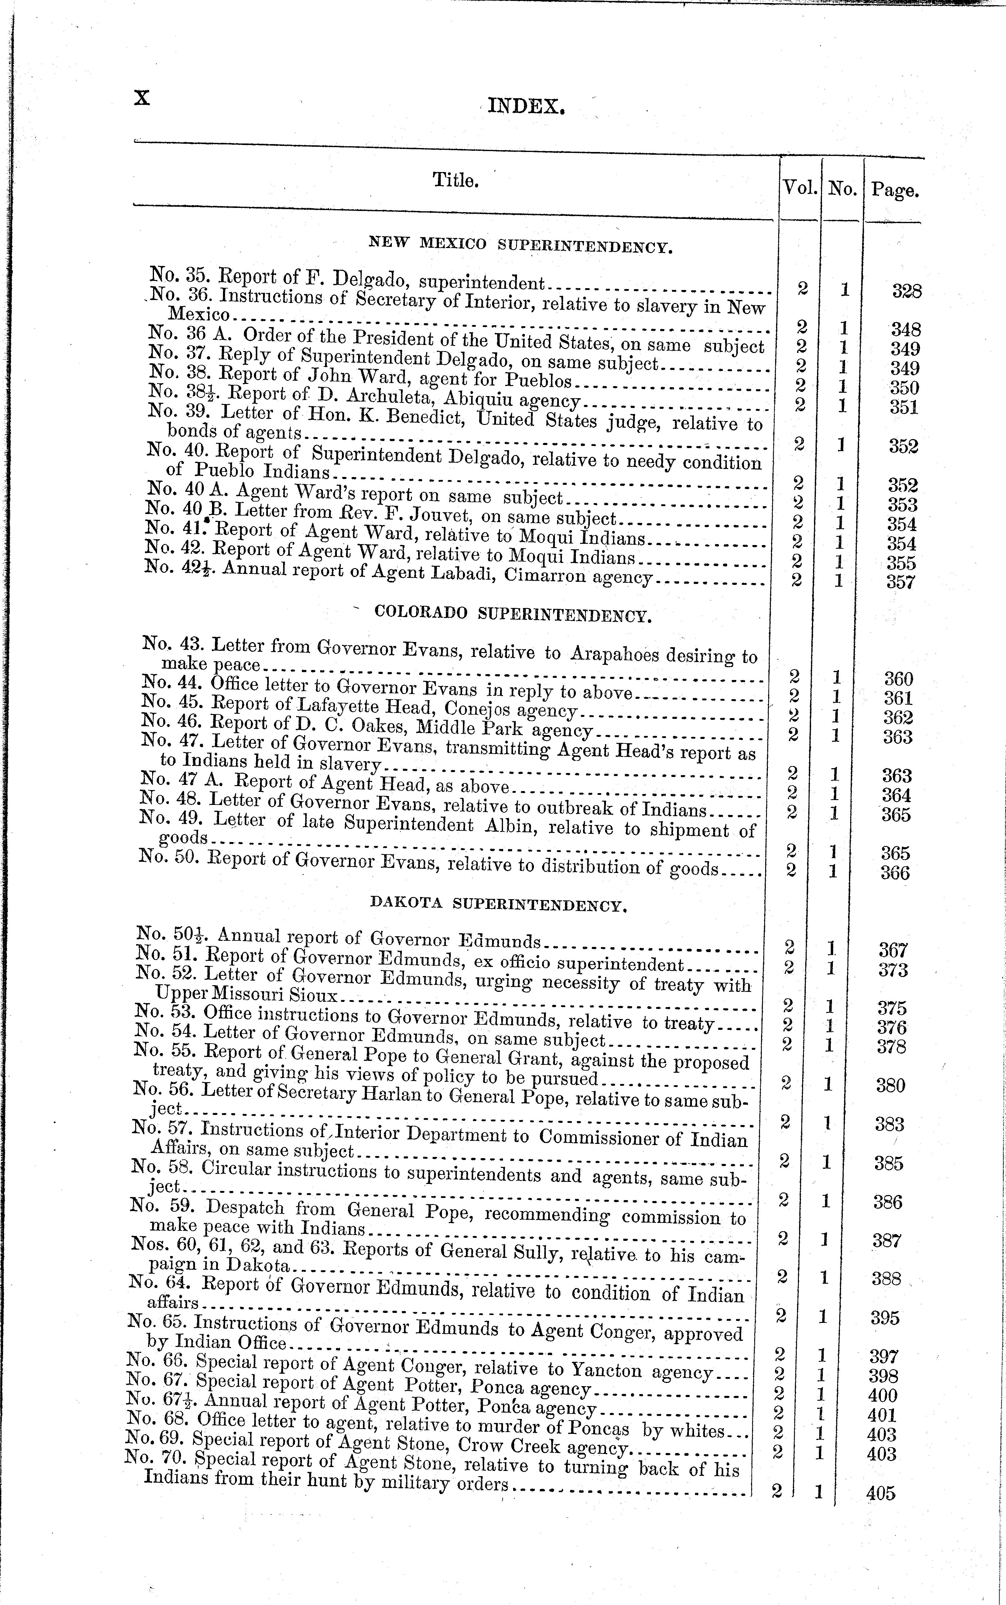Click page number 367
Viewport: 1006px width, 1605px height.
[x=894, y=950]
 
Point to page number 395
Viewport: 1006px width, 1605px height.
[x=885, y=1318]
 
